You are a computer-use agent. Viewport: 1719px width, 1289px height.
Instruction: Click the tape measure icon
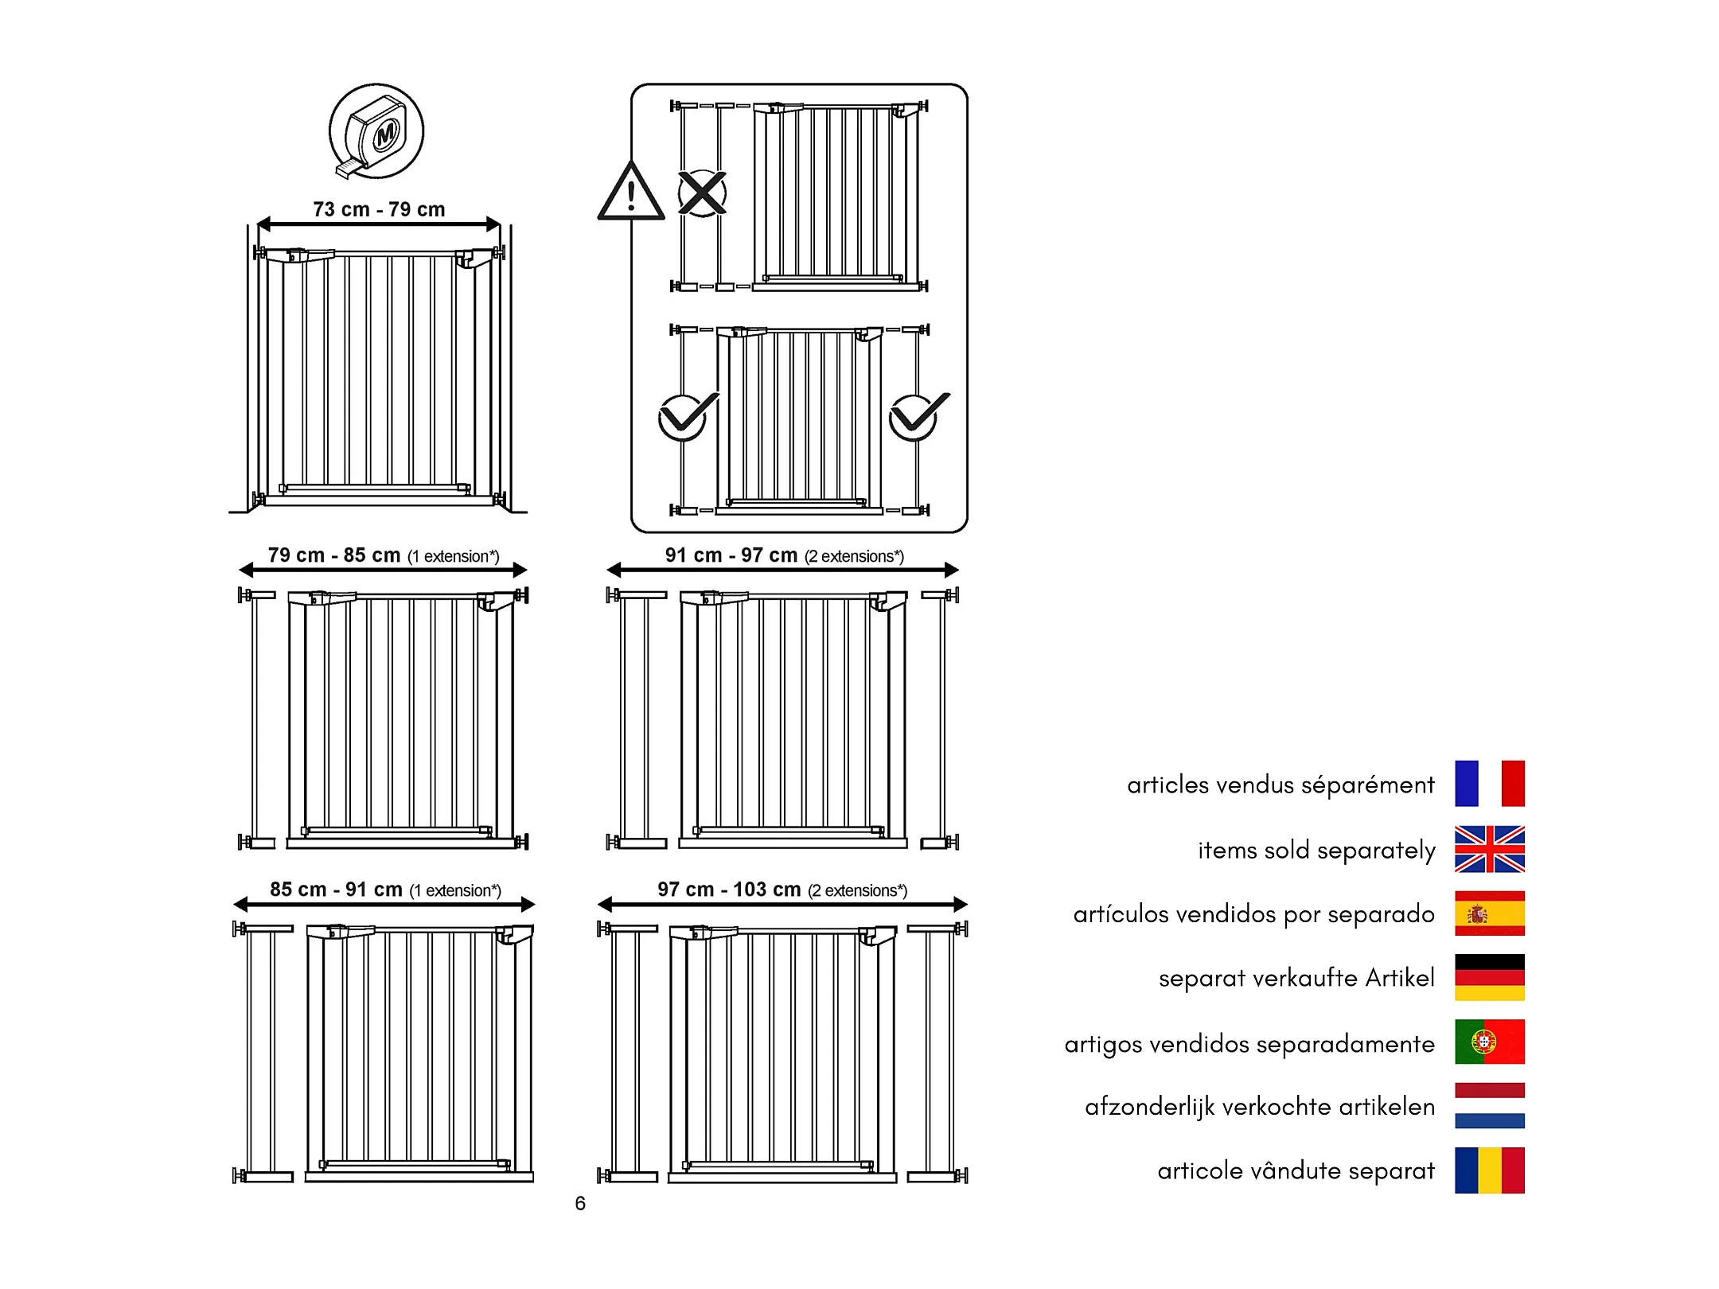tap(376, 131)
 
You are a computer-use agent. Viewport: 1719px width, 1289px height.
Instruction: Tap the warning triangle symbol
tap(630, 193)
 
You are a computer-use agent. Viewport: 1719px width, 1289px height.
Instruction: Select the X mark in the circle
tap(702, 193)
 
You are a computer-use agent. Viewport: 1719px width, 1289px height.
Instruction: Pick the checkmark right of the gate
tap(916, 415)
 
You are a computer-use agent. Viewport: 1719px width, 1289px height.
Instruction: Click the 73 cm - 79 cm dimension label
tap(379, 209)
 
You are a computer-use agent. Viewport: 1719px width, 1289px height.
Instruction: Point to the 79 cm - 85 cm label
tap(334, 555)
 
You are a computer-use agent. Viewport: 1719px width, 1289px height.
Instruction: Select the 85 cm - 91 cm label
tap(337, 890)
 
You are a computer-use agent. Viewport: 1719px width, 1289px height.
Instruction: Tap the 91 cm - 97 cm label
tap(731, 555)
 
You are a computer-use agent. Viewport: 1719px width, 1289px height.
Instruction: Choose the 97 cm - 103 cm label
tap(729, 890)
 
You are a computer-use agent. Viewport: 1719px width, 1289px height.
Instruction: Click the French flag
tap(1489, 784)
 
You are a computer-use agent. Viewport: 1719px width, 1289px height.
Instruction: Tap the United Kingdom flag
tap(1489, 849)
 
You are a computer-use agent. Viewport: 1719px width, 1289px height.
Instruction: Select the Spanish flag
tap(1489, 913)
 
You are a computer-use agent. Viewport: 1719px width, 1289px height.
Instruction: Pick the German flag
tap(1489, 978)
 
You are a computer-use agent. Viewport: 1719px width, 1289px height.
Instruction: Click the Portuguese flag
tap(1489, 1042)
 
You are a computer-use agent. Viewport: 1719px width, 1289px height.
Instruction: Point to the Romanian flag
tap(1489, 1170)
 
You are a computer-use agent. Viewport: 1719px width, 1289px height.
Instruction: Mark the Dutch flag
tap(1489, 1106)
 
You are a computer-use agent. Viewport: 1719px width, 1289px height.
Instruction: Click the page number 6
tap(580, 1204)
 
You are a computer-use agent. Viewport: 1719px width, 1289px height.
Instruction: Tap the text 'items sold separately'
tap(1316, 851)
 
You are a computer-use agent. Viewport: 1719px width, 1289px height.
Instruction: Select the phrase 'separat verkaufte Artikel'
tap(1296, 978)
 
